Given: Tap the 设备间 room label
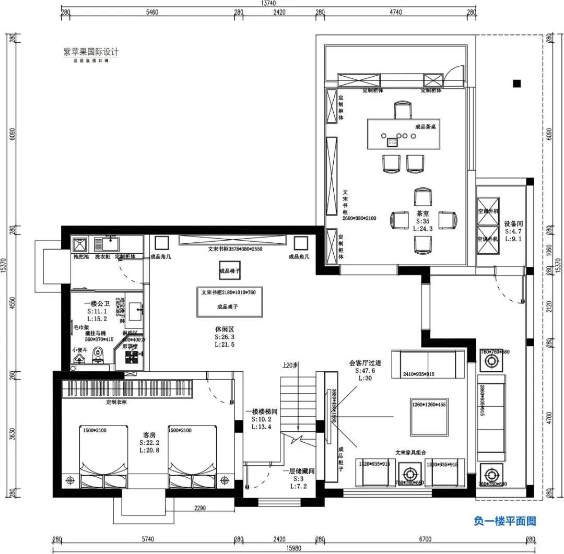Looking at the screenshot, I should [513, 224].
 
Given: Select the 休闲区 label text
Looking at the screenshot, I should [224, 329].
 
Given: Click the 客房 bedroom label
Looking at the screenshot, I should [149, 435].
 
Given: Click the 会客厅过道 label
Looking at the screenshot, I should [366, 363].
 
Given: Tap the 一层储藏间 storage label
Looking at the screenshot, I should [298, 471].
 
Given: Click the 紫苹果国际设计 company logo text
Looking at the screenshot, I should [91, 52].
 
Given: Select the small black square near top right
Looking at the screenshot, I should [517, 83].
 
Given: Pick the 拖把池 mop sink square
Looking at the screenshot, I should [80, 244].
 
